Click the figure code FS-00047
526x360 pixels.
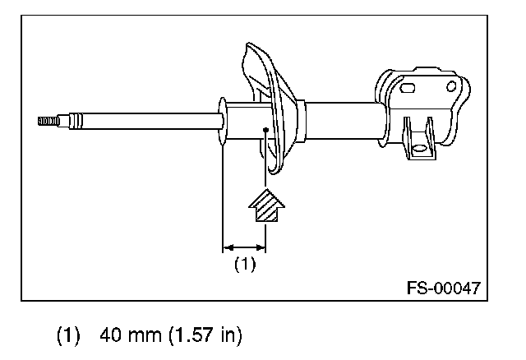444,288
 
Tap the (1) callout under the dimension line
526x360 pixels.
245,264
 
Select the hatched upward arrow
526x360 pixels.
266,205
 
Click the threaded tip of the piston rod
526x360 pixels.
48,121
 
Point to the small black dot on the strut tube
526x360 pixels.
265,130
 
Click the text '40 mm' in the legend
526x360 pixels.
131,335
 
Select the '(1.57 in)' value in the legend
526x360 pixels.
205,335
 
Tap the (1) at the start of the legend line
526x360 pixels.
68,335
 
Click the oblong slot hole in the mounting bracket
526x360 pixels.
408,88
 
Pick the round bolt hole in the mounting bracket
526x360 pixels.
451,86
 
